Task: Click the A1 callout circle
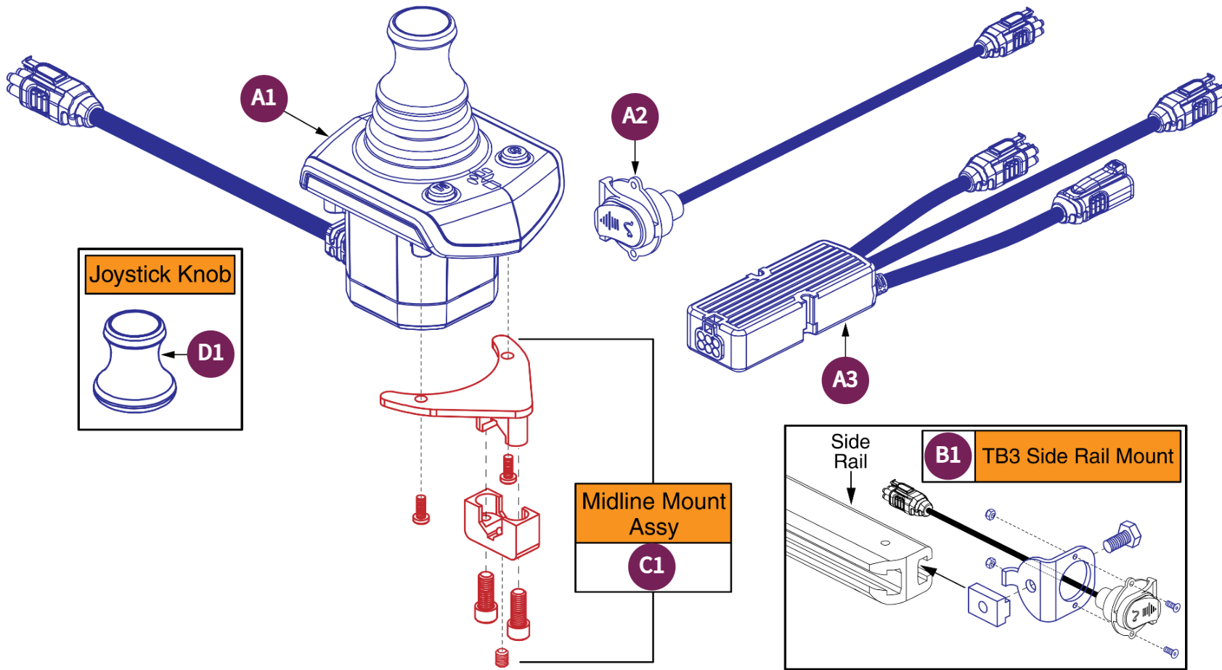[264, 98]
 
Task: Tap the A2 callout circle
[635, 116]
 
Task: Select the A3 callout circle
[845, 379]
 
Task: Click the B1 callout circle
[948, 456]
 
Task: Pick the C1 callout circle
[651, 565]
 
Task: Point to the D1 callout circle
[211, 353]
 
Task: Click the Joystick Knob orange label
[160, 275]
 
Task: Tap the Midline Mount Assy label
[653, 514]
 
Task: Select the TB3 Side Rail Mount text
[1078, 456]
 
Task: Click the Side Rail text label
[850, 451]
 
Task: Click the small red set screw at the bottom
[502, 658]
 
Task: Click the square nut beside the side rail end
[988, 604]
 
